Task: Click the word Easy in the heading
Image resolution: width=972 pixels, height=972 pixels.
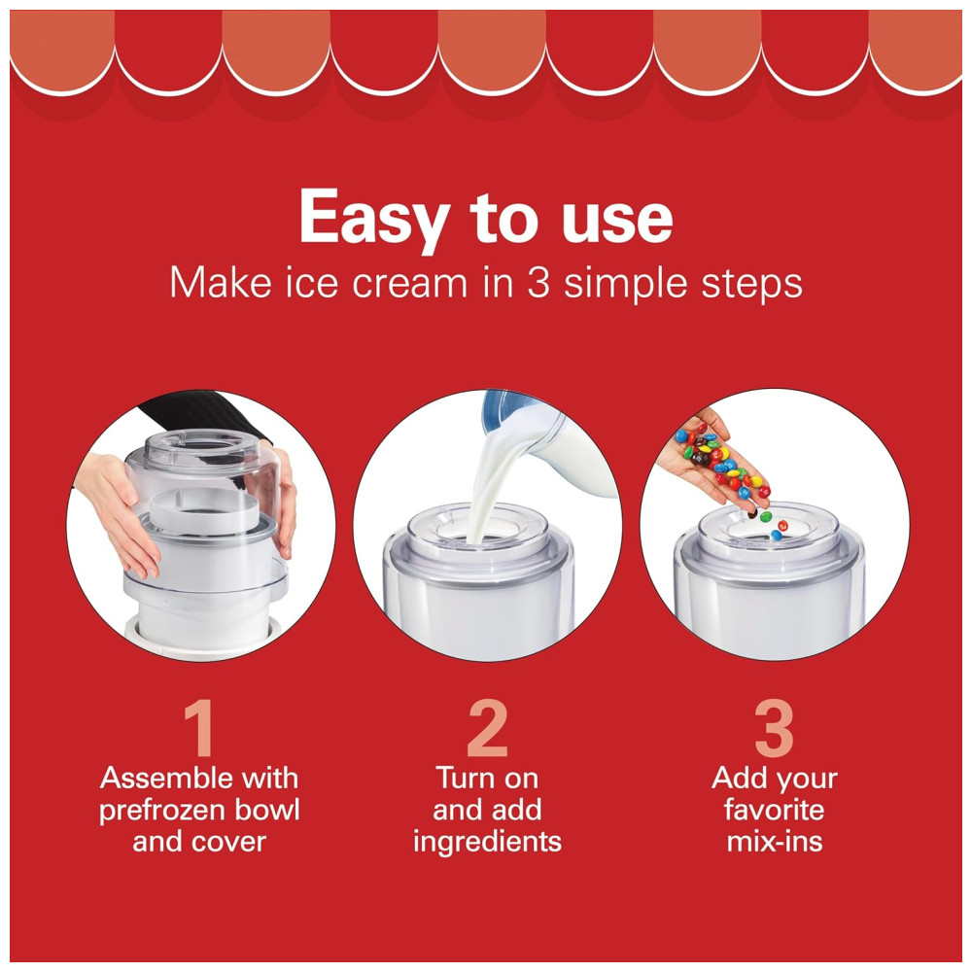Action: pyautogui.click(x=374, y=218)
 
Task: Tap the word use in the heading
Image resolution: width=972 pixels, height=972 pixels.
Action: pyautogui.click(x=617, y=220)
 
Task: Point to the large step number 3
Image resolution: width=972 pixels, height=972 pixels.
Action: pyautogui.click(x=774, y=728)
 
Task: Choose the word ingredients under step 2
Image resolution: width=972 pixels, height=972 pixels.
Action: pyautogui.click(x=487, y=843)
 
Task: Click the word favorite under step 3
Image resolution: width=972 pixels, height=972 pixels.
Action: pyautogui.click(x=775, y=811)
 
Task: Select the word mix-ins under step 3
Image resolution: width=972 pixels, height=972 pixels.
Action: pyautogui.click(x=775, y=842)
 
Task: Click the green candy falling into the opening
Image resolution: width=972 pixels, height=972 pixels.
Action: pyautogui.click(x=766, y=516)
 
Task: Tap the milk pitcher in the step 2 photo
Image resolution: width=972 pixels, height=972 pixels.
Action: pyautogui.click(x=545, y=440)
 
